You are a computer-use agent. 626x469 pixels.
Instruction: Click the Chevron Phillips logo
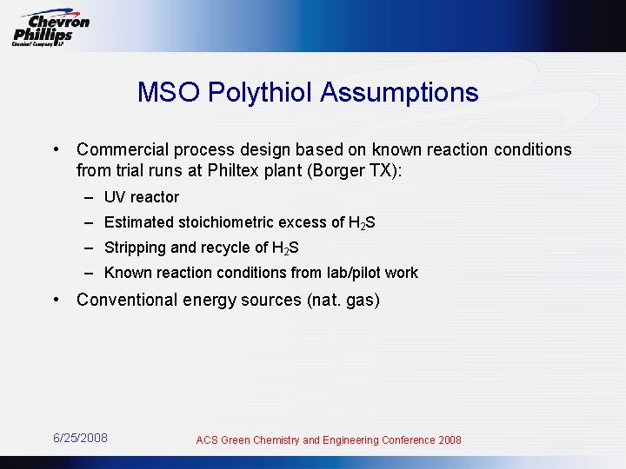point(50,28)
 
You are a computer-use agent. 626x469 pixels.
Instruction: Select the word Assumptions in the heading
point(399,93)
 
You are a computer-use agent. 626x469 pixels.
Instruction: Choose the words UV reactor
point(142,197)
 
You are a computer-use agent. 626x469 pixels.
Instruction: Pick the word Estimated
point(137,222)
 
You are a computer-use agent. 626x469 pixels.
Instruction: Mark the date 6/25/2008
point(80,438)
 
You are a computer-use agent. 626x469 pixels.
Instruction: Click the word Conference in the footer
point(405,440)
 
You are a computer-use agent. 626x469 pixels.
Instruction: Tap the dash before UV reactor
point(90,197)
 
